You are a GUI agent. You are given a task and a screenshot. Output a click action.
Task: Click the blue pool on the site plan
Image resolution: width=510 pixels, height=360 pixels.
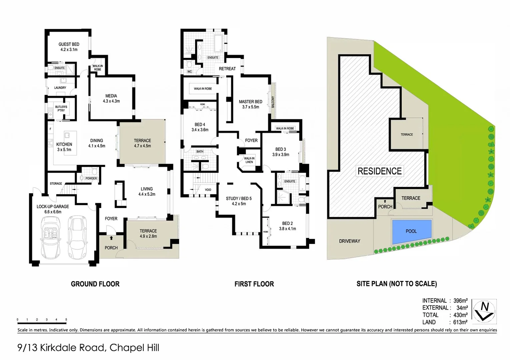tap(412, 231)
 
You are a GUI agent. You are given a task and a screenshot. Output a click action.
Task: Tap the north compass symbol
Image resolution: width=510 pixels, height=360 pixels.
tap(484, 311)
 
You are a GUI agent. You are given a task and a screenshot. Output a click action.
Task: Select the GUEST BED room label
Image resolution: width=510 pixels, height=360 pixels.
tap(69, 44)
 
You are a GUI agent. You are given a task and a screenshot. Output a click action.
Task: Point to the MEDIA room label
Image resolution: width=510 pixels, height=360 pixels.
tap(111, 96)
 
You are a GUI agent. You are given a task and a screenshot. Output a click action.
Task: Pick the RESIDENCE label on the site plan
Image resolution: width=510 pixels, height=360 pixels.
tap(380, 171)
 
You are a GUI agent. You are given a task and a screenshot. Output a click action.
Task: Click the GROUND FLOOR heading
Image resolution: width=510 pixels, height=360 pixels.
tap(95, 284)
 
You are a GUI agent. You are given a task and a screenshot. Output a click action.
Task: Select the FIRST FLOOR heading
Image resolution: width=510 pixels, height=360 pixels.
tap(254, 284)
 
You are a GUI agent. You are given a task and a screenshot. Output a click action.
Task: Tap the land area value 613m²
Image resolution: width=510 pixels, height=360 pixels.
tap(460, 322)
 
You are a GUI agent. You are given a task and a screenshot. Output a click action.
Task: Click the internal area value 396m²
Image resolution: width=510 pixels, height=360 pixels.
tap(460, 301)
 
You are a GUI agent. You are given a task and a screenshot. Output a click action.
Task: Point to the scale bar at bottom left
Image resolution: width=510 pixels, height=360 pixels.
tap(42, 322)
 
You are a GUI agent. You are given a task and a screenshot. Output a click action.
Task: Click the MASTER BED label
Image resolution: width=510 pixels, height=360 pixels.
tap(250, 102)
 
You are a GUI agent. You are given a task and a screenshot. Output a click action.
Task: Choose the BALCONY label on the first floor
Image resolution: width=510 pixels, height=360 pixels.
tap(273, 102)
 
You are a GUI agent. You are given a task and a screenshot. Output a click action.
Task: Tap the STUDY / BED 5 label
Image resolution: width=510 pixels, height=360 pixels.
tap(238, 199)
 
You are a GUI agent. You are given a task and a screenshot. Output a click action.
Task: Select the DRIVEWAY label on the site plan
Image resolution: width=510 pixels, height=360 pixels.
tap(349, 241)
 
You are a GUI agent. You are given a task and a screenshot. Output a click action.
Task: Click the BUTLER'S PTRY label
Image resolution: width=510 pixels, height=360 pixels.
tap(61, 109)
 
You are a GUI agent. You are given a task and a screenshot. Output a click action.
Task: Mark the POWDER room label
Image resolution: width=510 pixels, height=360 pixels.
tap(91, 178)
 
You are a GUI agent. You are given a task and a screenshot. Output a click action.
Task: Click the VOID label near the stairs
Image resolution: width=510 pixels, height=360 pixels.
tap(208, 190)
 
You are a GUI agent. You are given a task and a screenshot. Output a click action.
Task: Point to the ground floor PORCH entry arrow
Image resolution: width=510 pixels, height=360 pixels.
tap(111, 238)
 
